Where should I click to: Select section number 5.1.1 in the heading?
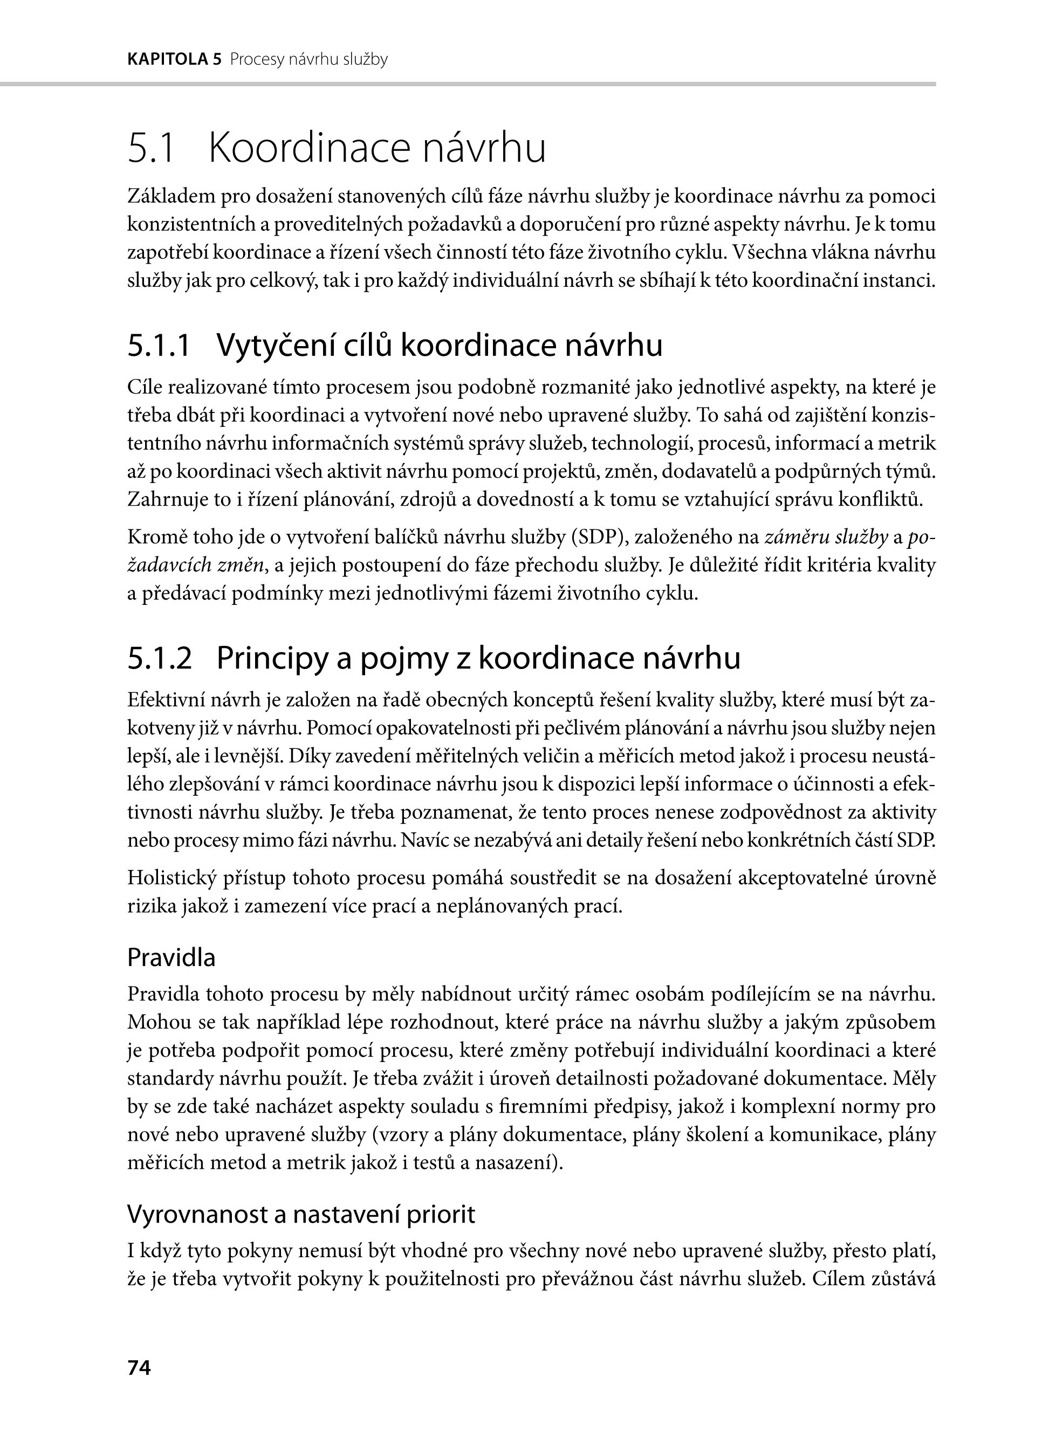159,346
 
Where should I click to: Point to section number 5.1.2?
160,658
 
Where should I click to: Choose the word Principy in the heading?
271,658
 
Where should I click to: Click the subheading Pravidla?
171,957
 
